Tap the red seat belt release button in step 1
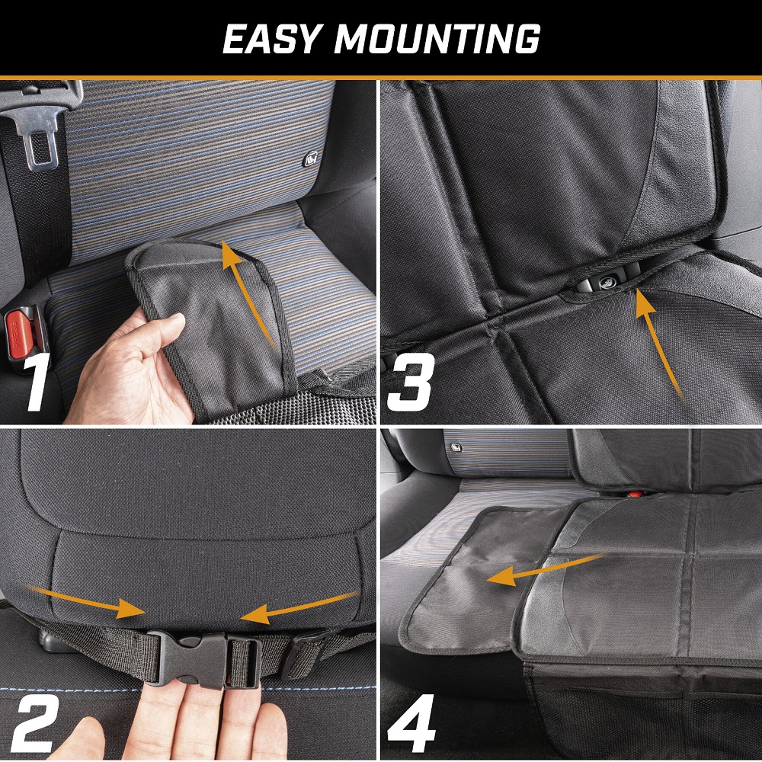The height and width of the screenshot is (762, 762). pyautogui.click(x=20, y=335)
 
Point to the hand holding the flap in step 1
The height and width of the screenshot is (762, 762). pyautogui.click(x=131, y=370)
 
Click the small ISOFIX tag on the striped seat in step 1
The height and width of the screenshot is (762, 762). pyautogui.click(x=311, y=159)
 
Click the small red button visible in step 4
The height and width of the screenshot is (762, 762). pyautogui.click(x=634, y=495)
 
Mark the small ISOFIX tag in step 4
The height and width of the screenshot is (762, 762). pyautogui.click(x=456, y=447)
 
